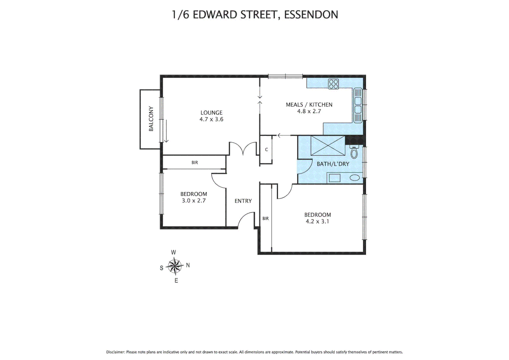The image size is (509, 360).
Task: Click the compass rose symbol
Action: click(x=175, y=266)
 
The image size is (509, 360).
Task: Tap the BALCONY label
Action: click(x=151, y=119)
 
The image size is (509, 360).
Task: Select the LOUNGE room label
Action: click(x=211, y=113)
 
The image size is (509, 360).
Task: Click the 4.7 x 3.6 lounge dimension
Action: click(x=211, y=119)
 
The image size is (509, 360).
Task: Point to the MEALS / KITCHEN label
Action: click(x=309, y=105)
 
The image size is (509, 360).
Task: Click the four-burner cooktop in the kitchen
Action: click(x=333, y=84)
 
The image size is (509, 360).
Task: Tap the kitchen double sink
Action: click(x=358, y=105)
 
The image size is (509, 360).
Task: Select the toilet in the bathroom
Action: click(x=354, y=152)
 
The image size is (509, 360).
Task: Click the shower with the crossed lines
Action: click(x=328, y=146)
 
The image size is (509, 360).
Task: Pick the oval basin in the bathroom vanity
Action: click(x=354, y=178)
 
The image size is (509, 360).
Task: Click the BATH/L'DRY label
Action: click(x=333, y=164)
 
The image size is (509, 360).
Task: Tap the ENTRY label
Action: click(x=243, y=201)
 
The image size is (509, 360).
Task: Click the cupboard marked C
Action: click(x=266, y=150)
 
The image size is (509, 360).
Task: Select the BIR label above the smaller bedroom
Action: click(x=195, y=163)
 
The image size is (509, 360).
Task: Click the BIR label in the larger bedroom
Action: click(x=265, y=219)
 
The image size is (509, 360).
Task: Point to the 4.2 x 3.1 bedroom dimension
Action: click(x=317, y=221)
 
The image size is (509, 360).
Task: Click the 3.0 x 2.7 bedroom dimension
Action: click(x=194, y=201)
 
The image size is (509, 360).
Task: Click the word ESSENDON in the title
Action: click(x=311, y=15)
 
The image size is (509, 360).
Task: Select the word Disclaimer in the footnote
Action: click(x=115, y=352)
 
